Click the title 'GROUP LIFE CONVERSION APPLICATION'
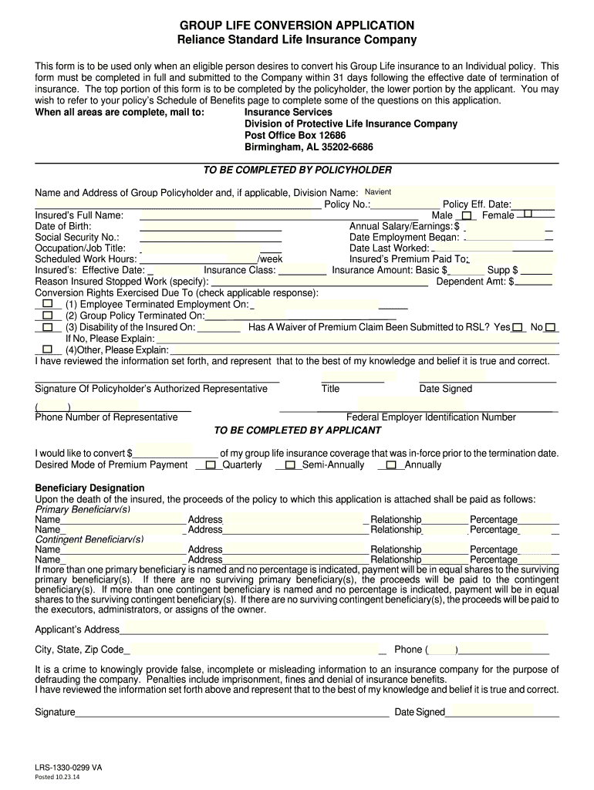click(x=297, y=25)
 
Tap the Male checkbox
click(x=466, y=216)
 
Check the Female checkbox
click(x=528, y=214)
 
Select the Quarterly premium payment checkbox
click(x=211, y=465)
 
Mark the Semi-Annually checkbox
click(x=290, y=465)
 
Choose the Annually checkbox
click(x=392, y=465)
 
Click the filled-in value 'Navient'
click(x=378, y=191)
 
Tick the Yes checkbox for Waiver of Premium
click(x=518, y=327)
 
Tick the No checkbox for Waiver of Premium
click(x=551, y=327)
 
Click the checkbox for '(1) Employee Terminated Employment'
click(x=48, y=305)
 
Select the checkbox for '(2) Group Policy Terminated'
click(x=48, y=316)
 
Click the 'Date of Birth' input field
click(x=210, y=227)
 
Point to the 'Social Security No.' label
click(x=77, y=238)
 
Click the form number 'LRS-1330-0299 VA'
click(x=68, y=768)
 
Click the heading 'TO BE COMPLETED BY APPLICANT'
click(x=297, y=430)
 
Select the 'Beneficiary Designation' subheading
click(x=90, y=488)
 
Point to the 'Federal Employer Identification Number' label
click(x=431, y=417)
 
